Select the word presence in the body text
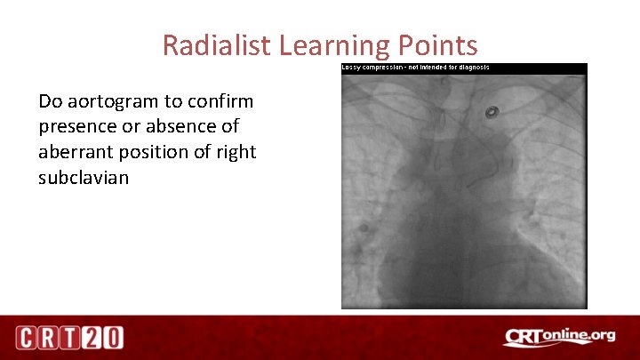[x=76, y=126]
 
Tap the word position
[x=153, y=152]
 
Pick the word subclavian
[x=84, y=178]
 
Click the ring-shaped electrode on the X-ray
[x=491, y=113]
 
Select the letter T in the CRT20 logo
[x=72, y=338]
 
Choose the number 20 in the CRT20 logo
[x=104, y=338]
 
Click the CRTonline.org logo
[x=559, y=337]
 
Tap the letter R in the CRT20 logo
[x=50, y=338]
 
